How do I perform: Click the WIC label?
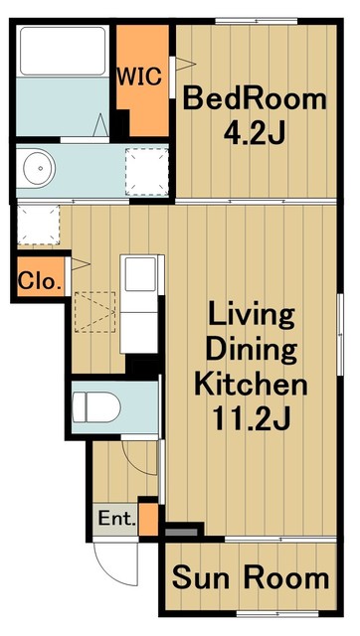coord(139,76)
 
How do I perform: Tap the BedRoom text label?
coord(255,99)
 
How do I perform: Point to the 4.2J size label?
coord(254,132)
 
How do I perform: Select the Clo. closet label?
coord(39,280)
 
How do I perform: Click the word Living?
coord(252,318)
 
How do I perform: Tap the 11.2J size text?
coord(251,419)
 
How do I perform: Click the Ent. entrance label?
coord(117,519)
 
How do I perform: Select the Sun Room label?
coord(251,577)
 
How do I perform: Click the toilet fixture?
coord(96,406)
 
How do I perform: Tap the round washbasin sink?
coord(39,168)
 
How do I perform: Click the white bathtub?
coord(63,51)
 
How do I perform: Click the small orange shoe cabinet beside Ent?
coord(148,519)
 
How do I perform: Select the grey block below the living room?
coord(181,532)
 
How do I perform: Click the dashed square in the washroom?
coord(146,172)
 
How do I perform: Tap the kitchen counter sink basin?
coord(140,274)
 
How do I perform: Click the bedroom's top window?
coord(256,21)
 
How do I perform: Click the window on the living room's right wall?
coord(340,335)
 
